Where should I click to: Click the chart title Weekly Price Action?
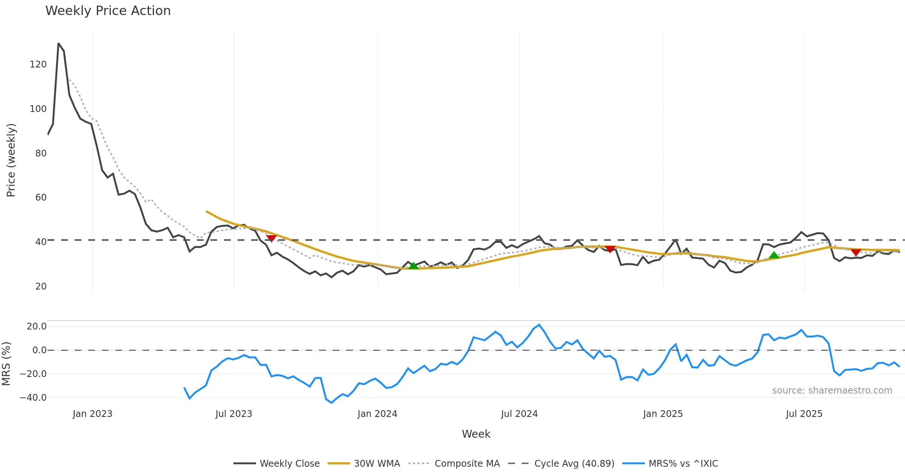(x=108, y=11)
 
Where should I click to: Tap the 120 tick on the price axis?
(x=38, y=64)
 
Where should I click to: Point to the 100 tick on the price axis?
(x=38, y=109)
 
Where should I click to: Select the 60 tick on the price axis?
(x=41, y=198)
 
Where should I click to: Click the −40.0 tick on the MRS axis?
(x=33, y=398)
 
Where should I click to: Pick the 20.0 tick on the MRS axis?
(x=37, y=326)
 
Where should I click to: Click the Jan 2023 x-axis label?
(x=92, y=414)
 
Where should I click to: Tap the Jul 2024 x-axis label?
(x=519, y=414)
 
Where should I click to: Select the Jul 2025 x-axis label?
(x=804, y=414)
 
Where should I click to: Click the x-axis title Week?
(x=476, y=434)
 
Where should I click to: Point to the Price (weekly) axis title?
(x=11, y=160)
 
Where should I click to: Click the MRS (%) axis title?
(x=6, y=364)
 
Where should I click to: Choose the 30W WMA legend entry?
(x=377, y=464)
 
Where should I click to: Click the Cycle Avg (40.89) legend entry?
(x=574, y=464)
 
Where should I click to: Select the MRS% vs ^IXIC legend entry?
(x=683, y=464)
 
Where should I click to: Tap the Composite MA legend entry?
(x=467, y=464)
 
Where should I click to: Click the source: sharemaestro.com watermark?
(x=832, y=391)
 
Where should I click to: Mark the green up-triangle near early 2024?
(x=413, y=266)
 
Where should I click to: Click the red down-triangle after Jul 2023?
(x=271, y=238)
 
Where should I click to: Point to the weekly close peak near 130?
(x=58, y=44)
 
